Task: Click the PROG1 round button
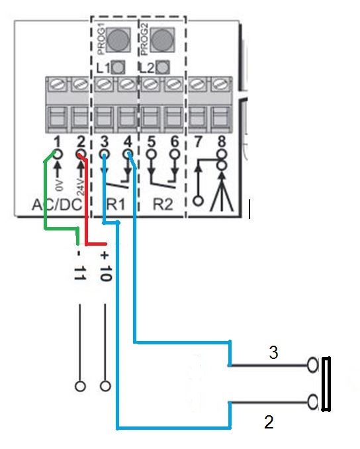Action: click(x=118, y=40)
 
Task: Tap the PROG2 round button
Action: click(x=162, y=40)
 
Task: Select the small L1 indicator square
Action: click(x=118, y=68)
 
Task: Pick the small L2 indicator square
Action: click(x=162, y=68)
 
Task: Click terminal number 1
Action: click(x=57, y=142)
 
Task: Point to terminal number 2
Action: click(x=81, y=142)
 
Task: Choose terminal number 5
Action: click(x=151, y=142)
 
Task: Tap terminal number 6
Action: click(x=175, y=142)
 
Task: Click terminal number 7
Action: click(x=198, y=142)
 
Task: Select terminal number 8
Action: click(x=222, y=142)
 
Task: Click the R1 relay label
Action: click(x=116, y=205)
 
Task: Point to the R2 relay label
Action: click(x=163, y=205)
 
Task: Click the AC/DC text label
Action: click(x=57, y=205)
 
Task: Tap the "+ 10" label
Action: click(x=105, y=266)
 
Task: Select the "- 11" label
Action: click(x=80, y=266)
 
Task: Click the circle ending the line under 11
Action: click(x=80, y=386)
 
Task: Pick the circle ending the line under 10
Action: click(x=105, y=386)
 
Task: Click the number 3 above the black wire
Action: click(x=273, y=352)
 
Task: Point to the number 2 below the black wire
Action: click(x=269, y=422)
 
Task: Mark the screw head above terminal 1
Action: click(x=57, y=85)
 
